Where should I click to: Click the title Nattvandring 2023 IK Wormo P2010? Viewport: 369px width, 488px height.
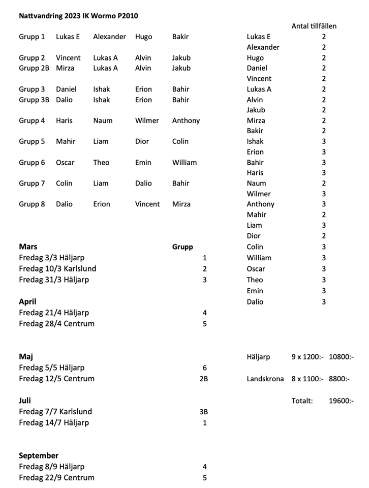(78, 16)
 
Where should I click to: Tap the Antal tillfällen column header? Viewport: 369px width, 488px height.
(314, 26)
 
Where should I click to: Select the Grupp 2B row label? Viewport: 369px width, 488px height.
(34, 68)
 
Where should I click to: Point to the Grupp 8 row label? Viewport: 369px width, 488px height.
(32, 204)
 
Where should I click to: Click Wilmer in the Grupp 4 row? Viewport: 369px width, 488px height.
(147, 121)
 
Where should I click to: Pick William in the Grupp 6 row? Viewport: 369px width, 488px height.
(184, 163)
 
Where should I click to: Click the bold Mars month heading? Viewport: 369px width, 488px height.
(28, 247)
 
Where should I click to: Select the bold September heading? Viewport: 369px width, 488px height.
(39, 455)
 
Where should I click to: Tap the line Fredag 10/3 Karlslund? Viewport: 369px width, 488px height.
(57, 268)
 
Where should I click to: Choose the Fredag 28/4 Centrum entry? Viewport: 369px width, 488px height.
(56, 324)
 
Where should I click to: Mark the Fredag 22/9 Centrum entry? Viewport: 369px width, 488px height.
(56, 478)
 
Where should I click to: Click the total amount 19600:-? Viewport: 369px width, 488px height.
(341, 401)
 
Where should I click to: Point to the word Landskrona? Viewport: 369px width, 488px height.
(265, 379)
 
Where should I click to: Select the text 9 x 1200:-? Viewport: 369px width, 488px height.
(307, 357)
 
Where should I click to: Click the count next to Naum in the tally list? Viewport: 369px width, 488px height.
(324, 184)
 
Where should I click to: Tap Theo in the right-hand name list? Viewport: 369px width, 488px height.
(255, 280)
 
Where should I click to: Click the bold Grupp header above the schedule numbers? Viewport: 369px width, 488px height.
(182, 247)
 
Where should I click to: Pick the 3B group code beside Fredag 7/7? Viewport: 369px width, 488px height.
(204, 412)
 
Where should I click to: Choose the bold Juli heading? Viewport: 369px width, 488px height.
(25, 401)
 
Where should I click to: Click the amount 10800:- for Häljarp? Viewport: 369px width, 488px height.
(341, 357)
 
